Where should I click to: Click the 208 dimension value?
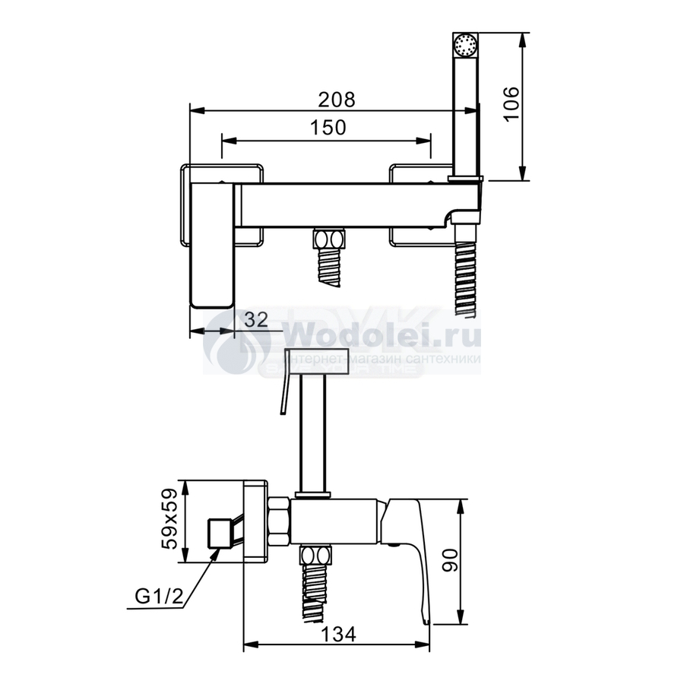pos(337,100)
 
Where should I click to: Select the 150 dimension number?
pos(328,128)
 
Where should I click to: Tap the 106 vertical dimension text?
pos(511,104)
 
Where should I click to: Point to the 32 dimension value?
pos(256,320)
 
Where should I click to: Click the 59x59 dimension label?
pos(169,518)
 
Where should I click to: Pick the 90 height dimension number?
pos(450,560)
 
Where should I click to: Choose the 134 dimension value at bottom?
pos(338,634)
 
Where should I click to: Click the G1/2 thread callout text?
pos(160,595)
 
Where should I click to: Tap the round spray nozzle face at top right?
pos(465,45)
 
